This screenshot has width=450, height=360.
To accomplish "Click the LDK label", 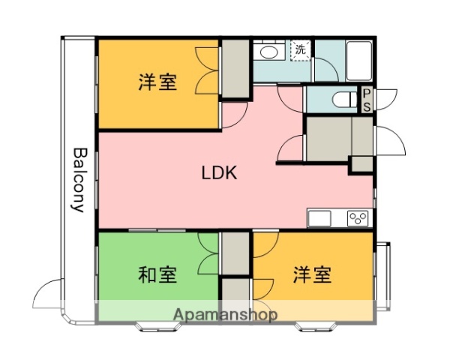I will tap(219, 173).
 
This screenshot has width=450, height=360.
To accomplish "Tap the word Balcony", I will tap(78, 180).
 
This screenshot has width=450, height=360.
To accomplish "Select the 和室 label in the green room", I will tap(157, 275).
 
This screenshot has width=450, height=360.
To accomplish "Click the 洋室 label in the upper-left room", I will tap(157, 82).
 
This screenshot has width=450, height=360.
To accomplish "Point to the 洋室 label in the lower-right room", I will tap(312, 275).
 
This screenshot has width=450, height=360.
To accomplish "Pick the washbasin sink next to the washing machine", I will tap(267, 52).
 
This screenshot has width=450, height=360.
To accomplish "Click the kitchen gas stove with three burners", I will tap(358, 219).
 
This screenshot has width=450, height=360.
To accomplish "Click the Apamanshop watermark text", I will tap(226, 314).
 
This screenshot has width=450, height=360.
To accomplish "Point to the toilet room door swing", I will tap(385, 97).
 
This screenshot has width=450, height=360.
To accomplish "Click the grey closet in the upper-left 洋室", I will tap(235, 68).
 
